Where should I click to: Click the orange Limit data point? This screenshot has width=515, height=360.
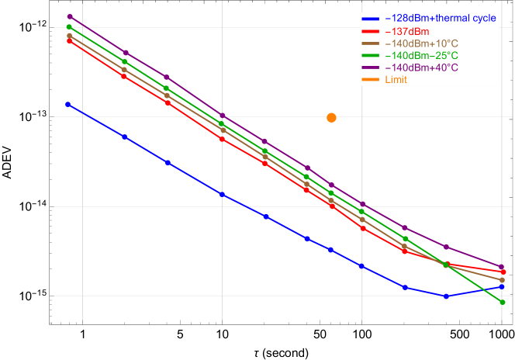(331, 118)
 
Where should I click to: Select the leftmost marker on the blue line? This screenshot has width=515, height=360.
(69, 104)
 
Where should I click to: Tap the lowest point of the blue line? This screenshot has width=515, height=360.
(446, 296)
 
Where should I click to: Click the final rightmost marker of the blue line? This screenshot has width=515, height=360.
(502, 286)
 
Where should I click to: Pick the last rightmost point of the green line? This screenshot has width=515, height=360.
(502, 302)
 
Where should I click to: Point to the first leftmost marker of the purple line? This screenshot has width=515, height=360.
(69, 16)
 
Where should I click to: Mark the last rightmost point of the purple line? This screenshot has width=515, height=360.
(502, 267)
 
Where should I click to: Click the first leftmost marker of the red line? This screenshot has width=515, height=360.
(69, 41)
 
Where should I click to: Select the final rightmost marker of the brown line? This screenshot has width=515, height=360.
(502, 280)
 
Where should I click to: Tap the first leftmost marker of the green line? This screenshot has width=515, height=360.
(69, 27)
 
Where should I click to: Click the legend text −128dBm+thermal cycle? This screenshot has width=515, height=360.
(441, 18)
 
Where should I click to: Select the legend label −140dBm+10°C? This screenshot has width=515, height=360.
(421, 43)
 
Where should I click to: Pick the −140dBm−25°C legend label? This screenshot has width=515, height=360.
(421, 56)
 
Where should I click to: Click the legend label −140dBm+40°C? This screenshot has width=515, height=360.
(421, 68)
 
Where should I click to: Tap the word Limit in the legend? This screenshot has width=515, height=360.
(396, 80)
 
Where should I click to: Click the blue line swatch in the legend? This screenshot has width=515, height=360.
(372, 19)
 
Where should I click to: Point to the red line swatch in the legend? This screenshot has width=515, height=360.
(372, 31)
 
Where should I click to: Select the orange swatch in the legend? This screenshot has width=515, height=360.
(372, 80)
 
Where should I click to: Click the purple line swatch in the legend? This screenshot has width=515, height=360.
(372, 68)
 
